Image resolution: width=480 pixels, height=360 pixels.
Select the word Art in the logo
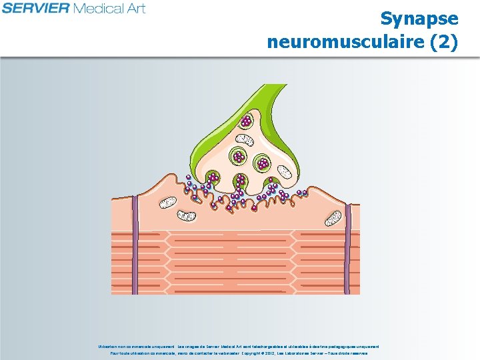point(135,8)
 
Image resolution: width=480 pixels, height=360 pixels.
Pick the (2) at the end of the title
point(444,42)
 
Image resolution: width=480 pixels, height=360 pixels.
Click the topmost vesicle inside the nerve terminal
point(247,121)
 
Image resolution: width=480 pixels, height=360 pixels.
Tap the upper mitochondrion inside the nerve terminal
point(245,139)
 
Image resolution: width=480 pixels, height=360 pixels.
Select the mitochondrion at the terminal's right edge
point(285,171)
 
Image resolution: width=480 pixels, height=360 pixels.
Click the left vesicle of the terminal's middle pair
point(238,157)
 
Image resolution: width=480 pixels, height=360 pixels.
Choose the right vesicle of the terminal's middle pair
point(263,162)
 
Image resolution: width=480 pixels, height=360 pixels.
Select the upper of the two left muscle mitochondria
point(168,201)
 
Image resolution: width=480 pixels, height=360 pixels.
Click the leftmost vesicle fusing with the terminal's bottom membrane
point(213,178)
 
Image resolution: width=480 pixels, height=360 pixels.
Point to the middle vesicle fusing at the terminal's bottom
point(240,180)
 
